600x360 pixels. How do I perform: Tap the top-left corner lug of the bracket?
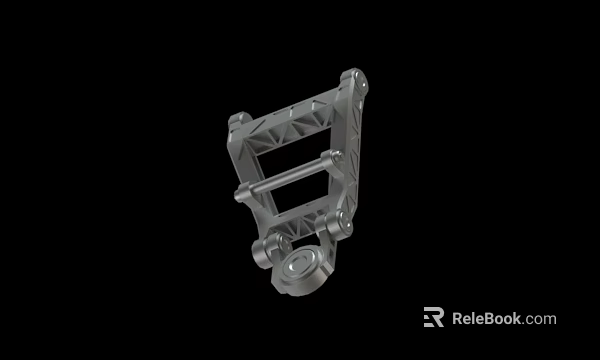[238, 122]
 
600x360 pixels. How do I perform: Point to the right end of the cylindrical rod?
[335, 157]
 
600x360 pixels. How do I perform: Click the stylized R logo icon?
[433, 317]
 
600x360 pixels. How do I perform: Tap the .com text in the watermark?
[540, 319]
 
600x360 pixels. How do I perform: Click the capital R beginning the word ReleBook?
[458, 319]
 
